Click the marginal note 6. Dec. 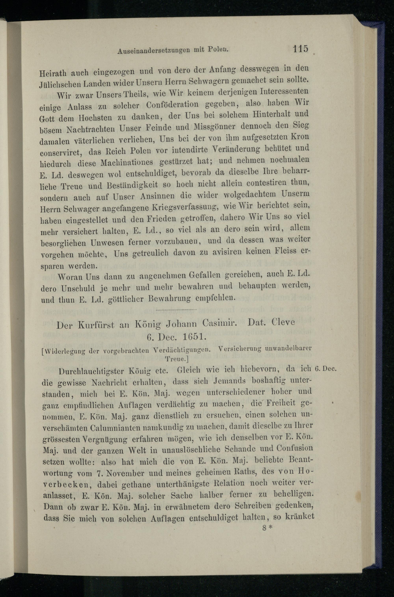[x=325, y=369]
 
